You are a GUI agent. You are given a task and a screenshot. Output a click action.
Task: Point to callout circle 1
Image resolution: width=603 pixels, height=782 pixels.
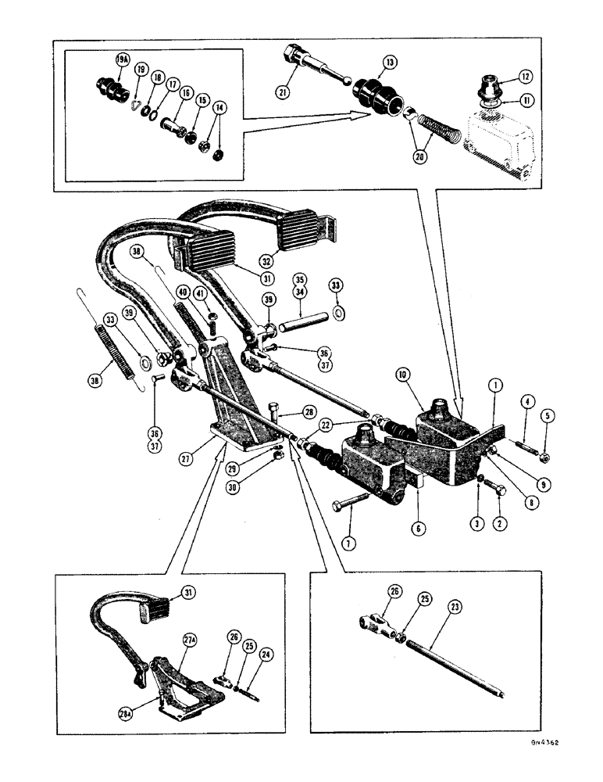494,384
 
